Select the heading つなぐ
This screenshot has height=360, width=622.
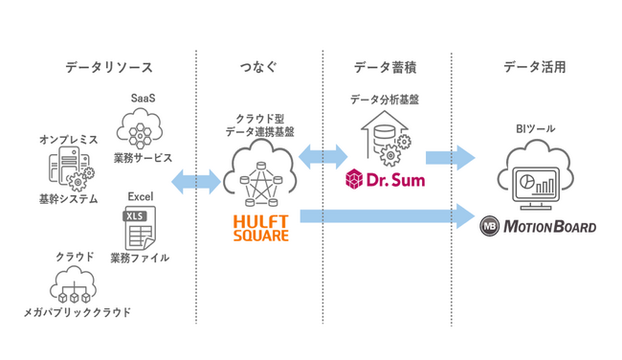click(258, 68)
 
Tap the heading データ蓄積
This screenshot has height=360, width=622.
click(385, 68)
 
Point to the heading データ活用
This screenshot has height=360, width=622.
click(535, 68)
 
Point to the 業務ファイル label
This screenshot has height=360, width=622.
click(140, 257)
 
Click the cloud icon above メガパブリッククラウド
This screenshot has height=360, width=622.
click(75, 284)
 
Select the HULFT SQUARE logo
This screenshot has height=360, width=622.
click(259, 228)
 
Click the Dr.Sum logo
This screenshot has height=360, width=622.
click(384, 180)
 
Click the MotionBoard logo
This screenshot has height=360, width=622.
click(537, 227)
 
